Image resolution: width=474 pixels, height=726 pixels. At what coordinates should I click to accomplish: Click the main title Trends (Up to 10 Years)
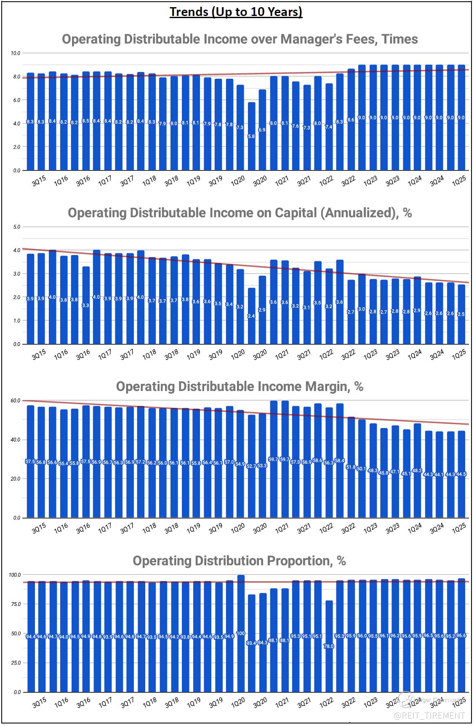[236, 12]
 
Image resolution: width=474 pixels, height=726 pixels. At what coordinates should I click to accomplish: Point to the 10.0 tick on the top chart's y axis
[16, 53]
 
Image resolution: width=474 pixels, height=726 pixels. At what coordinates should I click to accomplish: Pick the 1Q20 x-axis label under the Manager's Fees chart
[238, 181]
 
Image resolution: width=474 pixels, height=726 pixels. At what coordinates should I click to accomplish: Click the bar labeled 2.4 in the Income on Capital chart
[251, 316]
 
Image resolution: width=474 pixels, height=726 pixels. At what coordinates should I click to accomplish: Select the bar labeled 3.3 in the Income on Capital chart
[86, 305]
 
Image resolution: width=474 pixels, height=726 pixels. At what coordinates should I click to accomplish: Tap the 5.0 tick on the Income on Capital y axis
[17, 227]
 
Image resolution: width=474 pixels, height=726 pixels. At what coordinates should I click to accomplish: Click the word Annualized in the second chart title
[359, 213]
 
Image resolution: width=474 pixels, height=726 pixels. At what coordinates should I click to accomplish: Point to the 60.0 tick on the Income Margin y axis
[16, 401]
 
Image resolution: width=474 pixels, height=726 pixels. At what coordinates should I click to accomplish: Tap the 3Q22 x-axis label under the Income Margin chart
[348, 529]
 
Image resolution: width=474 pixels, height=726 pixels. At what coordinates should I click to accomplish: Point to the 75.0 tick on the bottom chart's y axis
[16, 604]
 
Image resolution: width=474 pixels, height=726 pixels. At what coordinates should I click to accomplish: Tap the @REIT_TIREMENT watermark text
[429, 715]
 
